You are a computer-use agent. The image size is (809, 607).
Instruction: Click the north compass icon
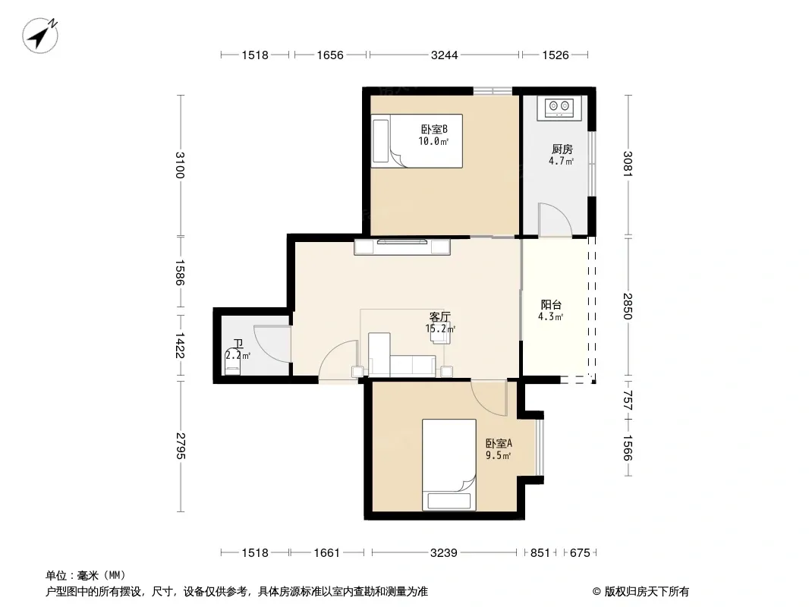point(40,35)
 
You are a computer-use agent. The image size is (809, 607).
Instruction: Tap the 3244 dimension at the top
point(444,55)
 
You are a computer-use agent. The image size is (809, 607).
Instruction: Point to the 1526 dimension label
point(556,55)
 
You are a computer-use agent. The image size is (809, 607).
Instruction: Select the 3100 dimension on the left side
point(180,165)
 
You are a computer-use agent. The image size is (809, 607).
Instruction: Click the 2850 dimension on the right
point(628,307)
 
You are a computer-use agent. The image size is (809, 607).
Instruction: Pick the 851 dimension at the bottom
point(540,553)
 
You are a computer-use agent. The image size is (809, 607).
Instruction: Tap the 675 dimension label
point(580,553)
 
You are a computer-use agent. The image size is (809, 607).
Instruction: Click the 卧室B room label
point(434,129)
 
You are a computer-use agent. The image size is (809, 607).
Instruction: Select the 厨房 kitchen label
point(562,149)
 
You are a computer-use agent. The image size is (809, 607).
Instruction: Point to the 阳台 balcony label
point(551,305)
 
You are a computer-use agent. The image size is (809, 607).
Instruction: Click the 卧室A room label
point(499,444)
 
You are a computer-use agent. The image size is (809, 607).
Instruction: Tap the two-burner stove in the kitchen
point(559,107)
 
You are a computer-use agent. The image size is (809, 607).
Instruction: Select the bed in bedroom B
point(417,141)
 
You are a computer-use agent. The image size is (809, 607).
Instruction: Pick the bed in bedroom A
point(449,464)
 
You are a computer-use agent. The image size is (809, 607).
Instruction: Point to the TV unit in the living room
point(402,247)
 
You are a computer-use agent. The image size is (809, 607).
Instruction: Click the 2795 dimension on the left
point(180,446)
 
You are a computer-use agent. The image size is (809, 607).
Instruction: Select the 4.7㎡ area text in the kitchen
point(562,161)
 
